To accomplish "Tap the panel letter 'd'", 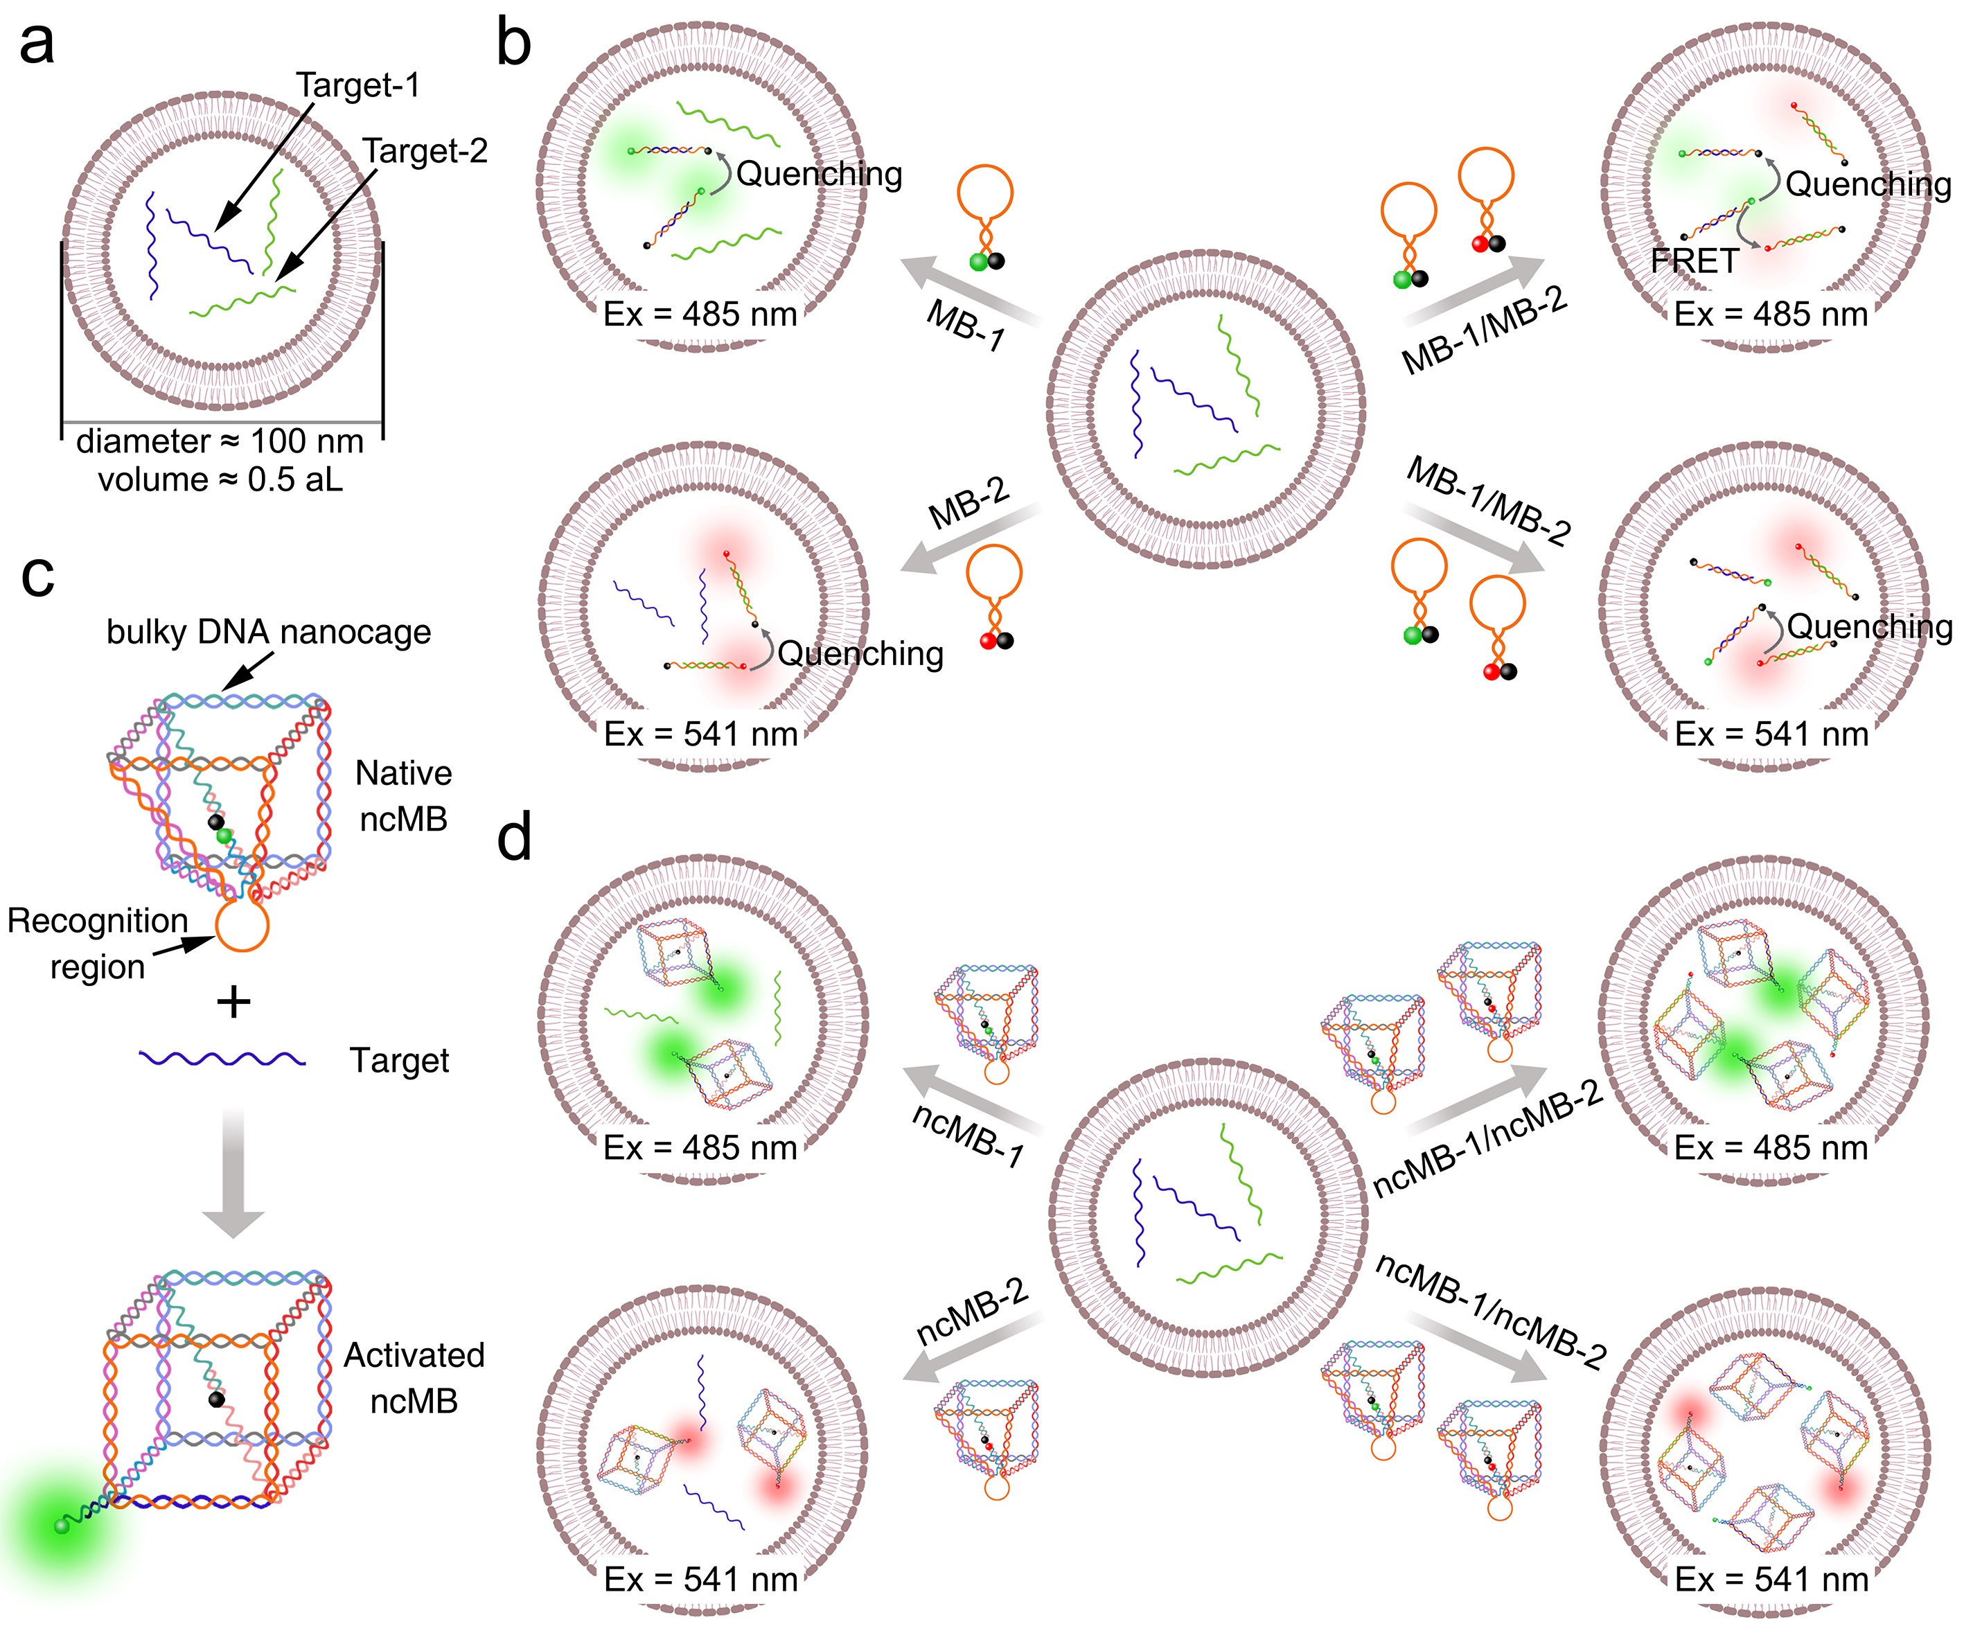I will pyautogui.click(x=513, y=837).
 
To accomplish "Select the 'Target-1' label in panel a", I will pyautogui.click(x=358, y=85).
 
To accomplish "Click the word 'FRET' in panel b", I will pyautogui.click(x=1694, y=261).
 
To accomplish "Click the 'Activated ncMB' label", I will pyautogui.click(x=414, y=1377).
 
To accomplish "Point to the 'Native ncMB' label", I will pyautogui.click(x=404, y=796).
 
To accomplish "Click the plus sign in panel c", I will pyautogui.click(x=234, y=1003).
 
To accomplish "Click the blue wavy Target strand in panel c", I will pyautogui.click(x=222, y=1059).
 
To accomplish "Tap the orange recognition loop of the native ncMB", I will pyautogui.click(x=242, y=925).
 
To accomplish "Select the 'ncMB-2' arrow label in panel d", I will pyautogui.click(x=973, y=1312).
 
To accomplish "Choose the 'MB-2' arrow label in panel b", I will pyautogui.click(x=969, y=505).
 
